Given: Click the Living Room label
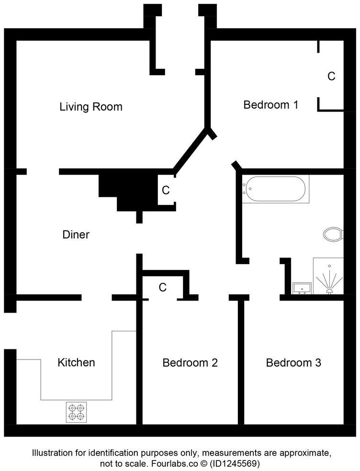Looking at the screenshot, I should (x=91, y=107).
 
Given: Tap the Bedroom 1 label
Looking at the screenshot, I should (x=271, y=105).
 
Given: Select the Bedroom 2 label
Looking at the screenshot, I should (x=190, y=363).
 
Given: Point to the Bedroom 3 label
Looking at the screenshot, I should (x=293, y=363).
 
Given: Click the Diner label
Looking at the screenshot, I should (x=76, y=235).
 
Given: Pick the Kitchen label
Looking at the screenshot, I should (x=76, y=362).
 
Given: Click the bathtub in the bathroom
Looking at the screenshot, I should (x=275, y=189).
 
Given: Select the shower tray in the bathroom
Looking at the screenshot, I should (x=328, y=276).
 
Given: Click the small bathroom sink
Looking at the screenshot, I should (x=302, y=288).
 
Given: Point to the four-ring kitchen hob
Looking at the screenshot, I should (x=77, y=412).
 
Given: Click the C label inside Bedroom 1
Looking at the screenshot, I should (x=331, y=76).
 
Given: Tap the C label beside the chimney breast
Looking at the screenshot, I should (x=166, y=190).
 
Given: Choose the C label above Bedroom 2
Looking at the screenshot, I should (x=163, y=288).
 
